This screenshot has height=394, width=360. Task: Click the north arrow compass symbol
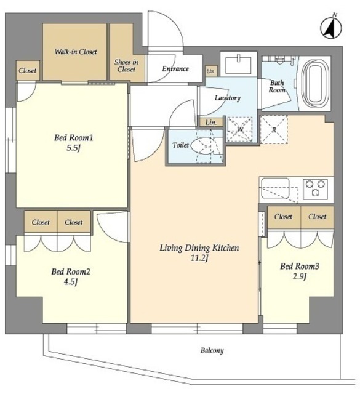click(x=331, y=27)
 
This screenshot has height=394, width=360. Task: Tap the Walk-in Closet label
click(x=76, y=52)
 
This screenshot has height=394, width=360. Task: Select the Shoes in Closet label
click(x=126, y=66)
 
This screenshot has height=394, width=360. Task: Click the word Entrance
click(x=175, y=68)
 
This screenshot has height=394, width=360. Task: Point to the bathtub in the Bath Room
click(x=316, y=84)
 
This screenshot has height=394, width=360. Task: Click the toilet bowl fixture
click(x=202, y=147)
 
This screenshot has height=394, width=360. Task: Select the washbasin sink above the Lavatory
click(x=238, y=65)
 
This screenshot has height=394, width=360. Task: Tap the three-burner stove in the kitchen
click(x=316, y=189)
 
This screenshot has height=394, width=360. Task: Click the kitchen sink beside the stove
click(x=275, y=188)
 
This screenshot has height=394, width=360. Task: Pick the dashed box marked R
click(x=274, y=130)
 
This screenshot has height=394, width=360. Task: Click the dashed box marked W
click(x=239, y=129)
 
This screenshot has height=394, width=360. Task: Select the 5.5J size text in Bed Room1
click(x=73, y=148)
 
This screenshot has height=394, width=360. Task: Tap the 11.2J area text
click(x=199, y=258)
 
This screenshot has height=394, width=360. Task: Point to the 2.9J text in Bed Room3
click(x=300, y=276)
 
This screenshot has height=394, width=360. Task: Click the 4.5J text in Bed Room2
click(x=71, y=282)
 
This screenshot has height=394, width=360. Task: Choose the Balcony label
click(x=212, y=351)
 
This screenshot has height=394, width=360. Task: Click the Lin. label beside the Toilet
click(x=211, y=123)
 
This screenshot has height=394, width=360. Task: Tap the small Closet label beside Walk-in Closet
click(x=27, y=71)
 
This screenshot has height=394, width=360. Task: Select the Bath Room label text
click(x=277, y=86)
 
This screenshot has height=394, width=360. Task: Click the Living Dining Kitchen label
click(x=199, y=248)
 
